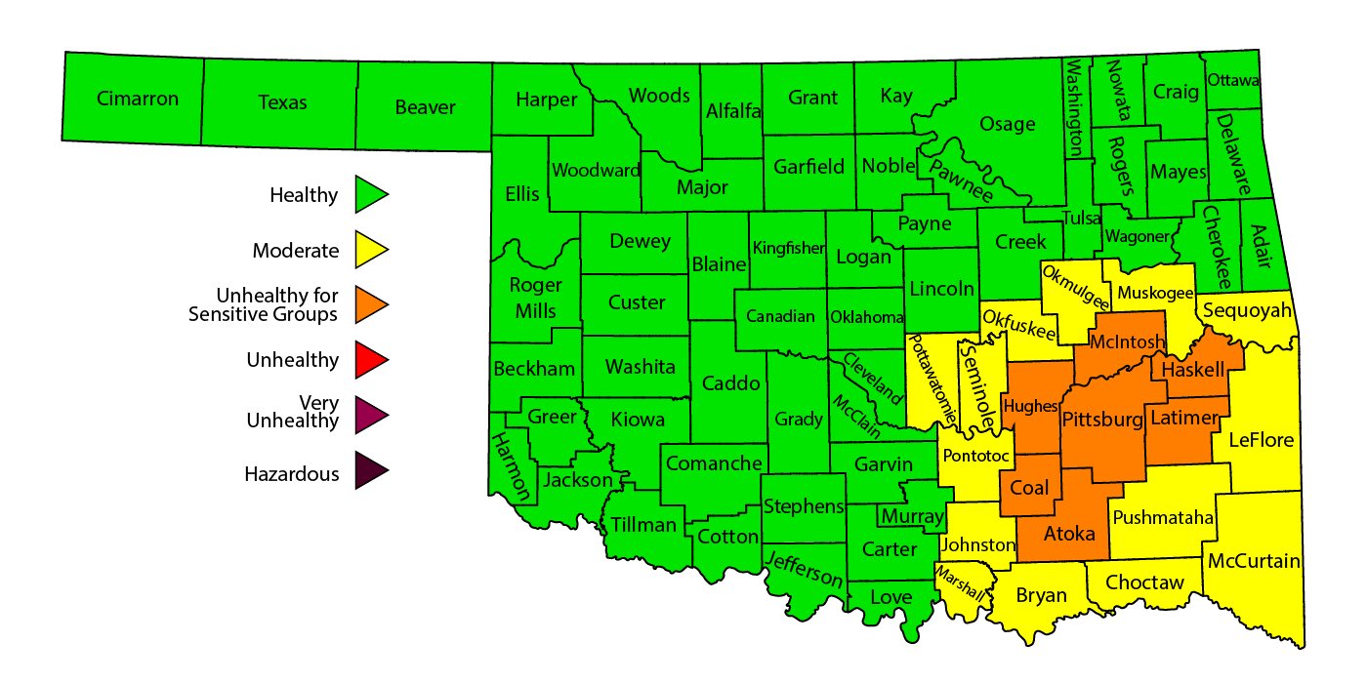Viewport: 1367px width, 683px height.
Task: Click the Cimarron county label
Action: [x=138, y=99]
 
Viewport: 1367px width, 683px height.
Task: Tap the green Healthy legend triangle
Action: [x=370, y=194]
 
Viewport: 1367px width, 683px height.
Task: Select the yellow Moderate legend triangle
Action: [x=370, y=250]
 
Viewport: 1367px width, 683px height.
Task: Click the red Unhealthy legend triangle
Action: [x=370, y=360]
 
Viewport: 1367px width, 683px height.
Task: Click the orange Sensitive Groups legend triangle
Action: [x=370, y=304]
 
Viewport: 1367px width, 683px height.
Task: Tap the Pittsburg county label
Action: [x=1101, y=421]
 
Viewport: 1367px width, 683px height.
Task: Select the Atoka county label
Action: [x=1069, y=534]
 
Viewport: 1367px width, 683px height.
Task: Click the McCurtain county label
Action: [x=1254, y=561]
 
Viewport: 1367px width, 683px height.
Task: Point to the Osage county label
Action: [x=1008, y=124]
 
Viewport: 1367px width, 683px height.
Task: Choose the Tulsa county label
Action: [x=1083, y=218]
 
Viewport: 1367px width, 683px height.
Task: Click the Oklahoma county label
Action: [x=867, y=317]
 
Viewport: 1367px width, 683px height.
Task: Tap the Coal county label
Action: [x=1029, y=489]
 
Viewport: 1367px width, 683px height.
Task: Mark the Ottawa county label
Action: [x=1233, y=80]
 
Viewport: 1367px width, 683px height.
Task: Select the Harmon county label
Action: [x=511, y=466]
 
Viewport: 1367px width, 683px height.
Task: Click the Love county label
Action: [x=891, y=597]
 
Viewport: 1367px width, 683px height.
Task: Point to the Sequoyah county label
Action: [x=1247, y=311]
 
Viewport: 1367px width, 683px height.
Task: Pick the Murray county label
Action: [x=912, y=515]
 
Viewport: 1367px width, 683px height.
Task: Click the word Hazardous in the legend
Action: [x=292, y=474]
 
